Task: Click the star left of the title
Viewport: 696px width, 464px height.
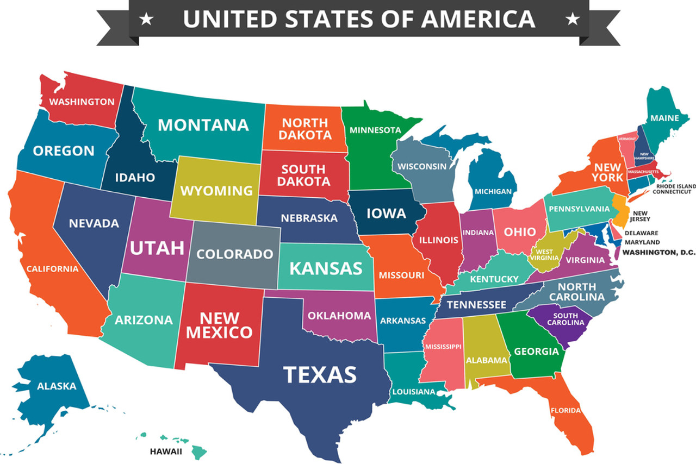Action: [x=146, y=20]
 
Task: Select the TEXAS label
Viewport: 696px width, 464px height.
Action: [x=320, y=374]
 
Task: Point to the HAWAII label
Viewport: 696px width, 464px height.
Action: [x=166, y=451]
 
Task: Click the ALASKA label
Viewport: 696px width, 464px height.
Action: [x=57, y=386]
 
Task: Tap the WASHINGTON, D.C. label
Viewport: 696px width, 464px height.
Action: [x=658, y=252]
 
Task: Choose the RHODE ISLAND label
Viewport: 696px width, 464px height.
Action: [x=674, y=186]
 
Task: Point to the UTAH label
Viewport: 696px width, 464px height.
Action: [x=157, y=248]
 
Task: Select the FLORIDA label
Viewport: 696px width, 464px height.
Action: [x=565, y=410]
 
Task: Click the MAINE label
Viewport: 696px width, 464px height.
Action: [x=664, y=118]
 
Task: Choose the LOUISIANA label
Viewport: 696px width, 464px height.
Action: [x=413, y=391]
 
